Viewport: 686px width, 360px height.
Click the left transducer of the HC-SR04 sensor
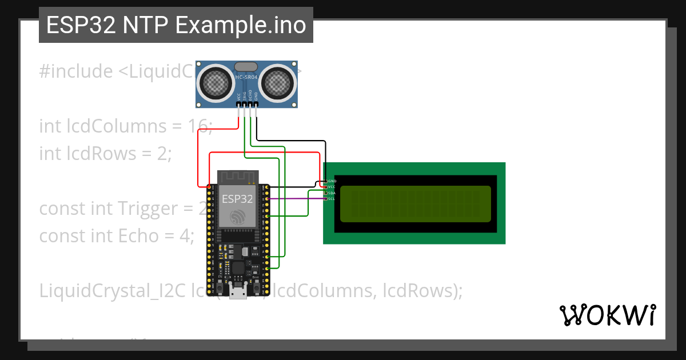pyautogui.click(x=216, y=83)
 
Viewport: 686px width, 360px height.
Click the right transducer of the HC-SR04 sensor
pyautogui.click(x=278, y=83)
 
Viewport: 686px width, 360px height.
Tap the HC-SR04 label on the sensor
pyautogui.click(x=246, y=77)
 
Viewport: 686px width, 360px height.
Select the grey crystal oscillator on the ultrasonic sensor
pyautogui.click(x=246, y=67)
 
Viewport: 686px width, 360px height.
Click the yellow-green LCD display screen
pyautogui.click(x=415, y=204)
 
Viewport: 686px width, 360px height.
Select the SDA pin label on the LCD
pyautogui.click(x=332, y=193)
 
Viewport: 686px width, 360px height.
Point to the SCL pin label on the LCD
pyautogui.click(x=332, y=199)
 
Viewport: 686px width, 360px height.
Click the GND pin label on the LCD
pyautogui.click(x=332, y=181)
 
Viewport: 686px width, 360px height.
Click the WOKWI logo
pyautogui.click(x=607, y=315)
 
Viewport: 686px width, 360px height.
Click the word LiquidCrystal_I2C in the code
pyautogui.click(x=108, y=291)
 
